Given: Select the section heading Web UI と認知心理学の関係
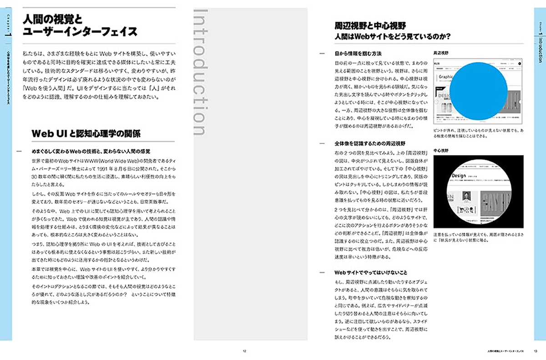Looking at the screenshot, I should [x=86, y=134].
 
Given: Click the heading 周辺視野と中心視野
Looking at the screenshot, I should [x=370, y=25].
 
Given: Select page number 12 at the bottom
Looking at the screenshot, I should [x=244, y=351].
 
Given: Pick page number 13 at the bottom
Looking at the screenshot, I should [x=536, y=351].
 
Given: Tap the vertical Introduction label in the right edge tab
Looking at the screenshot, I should [x=540, y=49].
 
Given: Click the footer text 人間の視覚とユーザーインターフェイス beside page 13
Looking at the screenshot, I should [x=505, y=351].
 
